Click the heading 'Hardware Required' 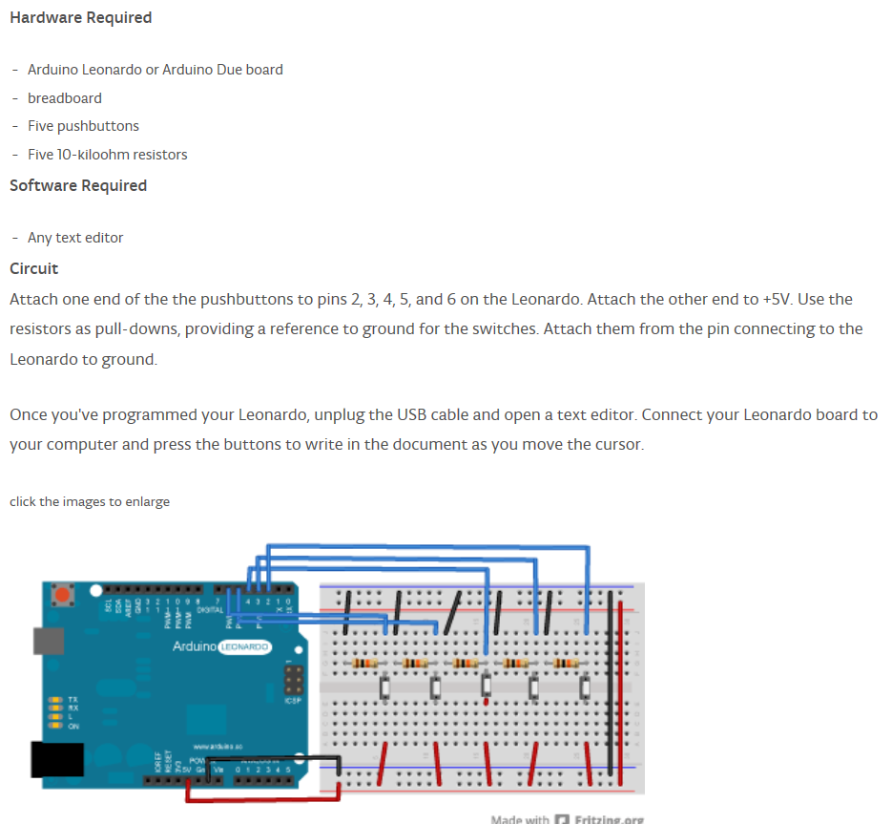80,17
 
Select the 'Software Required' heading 78,185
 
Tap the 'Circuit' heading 33,268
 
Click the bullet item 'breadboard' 64,97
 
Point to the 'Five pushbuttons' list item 83,126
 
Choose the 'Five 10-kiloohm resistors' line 107,155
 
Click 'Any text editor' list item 75,238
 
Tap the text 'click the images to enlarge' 90,501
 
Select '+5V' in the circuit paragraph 776,299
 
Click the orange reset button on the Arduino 64,596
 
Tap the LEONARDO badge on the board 245,647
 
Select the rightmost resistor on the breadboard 568,663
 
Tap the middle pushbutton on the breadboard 486,687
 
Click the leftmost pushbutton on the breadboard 384,687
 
